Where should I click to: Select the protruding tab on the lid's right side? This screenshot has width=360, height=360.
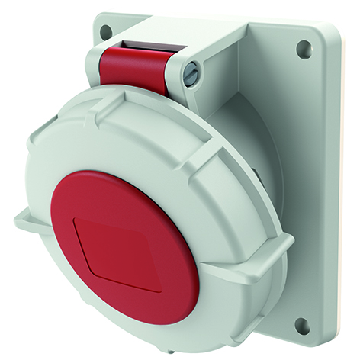pos(278,252)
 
